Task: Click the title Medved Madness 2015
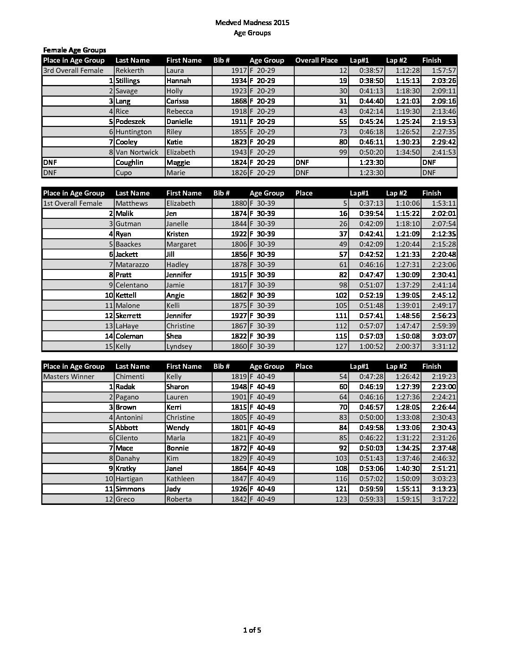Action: click(x=252, y=22)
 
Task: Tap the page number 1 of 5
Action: click(x=252, y=630)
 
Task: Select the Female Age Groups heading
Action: click(x=74, y=50)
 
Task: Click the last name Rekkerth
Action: click(x=129, y=71)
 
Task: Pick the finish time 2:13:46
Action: click(x=444, y=111)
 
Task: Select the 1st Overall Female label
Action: click(x=72, y=203)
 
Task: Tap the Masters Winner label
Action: click(x=69, y=377)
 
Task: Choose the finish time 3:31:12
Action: click(x=444, y=347)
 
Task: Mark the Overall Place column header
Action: click(x=317, y=60)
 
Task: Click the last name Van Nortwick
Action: click(x=137, y=152)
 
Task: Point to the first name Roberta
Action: click(x=179, y=499)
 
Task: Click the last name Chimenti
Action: click(x=129, y=377)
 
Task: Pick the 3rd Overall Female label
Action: click(x=73, y=71)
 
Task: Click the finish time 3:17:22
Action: click(x=444, y=499)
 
